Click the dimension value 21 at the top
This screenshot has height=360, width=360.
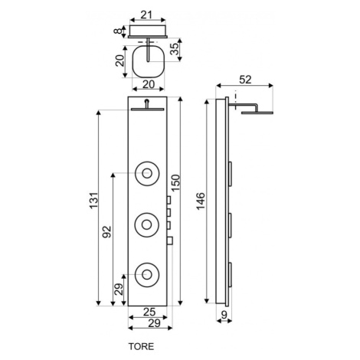146,15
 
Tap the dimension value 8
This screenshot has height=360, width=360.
118,31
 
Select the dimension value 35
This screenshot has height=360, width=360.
175,49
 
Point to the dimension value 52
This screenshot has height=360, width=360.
245,80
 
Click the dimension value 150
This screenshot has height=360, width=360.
175,183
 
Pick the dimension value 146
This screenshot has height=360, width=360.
201,201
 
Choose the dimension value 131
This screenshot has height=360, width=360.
93,201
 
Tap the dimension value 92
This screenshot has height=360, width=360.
107,232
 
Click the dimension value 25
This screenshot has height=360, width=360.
149,312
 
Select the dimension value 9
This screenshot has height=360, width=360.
224,315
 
